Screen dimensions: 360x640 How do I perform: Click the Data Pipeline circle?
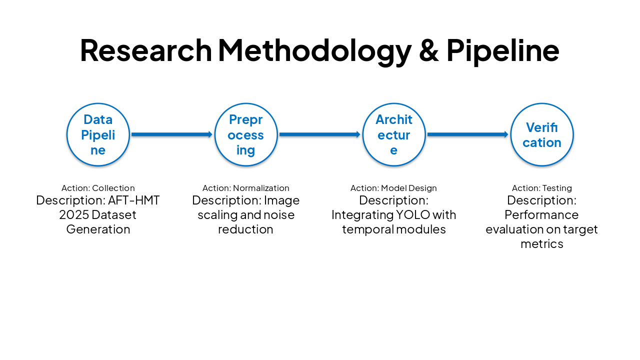[98, 134]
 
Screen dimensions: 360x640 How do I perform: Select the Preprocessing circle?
[246, 134]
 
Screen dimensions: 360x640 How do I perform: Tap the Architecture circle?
[394, 134]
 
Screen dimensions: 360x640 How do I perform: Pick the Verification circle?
[542, 134]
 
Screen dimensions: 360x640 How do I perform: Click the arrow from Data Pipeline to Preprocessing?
[172, 134]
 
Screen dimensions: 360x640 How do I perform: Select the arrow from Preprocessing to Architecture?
[320, 134]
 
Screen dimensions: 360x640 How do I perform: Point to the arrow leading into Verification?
[468, 134]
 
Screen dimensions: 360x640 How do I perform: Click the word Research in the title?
[146, 50]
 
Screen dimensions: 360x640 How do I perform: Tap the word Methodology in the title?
[314, 50]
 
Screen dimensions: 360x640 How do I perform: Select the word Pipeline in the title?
[502, 50]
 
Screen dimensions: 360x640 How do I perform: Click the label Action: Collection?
[98, 188]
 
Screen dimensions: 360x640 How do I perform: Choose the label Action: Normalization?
[246, 188]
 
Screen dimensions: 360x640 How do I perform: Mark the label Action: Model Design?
[394, 188]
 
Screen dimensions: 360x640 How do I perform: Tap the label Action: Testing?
[542, 188]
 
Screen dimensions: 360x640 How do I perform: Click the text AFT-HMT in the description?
[134, 200]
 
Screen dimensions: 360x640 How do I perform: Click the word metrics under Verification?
[542, 243]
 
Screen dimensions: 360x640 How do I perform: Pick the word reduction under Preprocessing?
[246, 229]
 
